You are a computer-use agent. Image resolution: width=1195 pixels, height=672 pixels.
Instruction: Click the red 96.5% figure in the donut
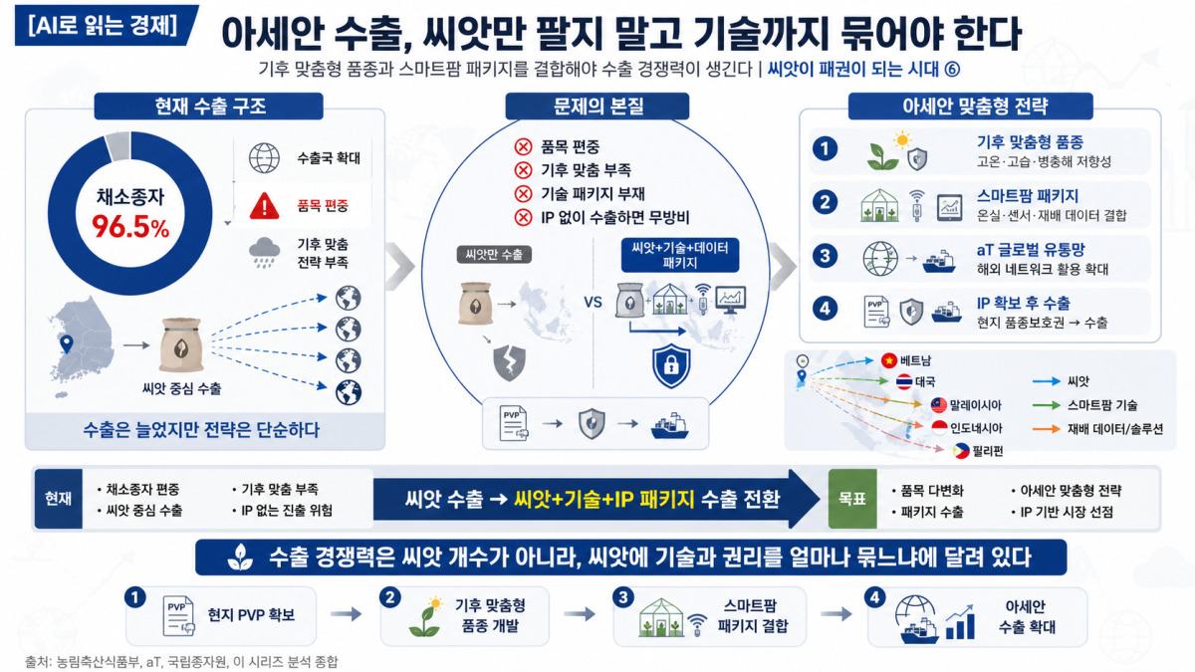(x=130, y=227)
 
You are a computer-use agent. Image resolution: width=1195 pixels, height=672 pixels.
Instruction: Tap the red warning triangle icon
(x=264, y=206)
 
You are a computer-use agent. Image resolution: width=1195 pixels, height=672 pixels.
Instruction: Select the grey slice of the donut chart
(x=118, y=146)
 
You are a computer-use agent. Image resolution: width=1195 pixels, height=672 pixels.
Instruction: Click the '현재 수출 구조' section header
(x=208, y=107)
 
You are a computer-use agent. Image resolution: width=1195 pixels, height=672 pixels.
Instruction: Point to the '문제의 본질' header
(x=597, y=107)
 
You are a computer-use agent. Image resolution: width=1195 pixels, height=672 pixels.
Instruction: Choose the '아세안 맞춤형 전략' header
(x=970, y=107)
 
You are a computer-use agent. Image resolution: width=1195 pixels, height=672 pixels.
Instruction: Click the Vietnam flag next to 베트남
(x=888, y=360)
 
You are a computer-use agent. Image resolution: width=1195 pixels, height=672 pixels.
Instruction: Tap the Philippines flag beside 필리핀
(x=961, y=451)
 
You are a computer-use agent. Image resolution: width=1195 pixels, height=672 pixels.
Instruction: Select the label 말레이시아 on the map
(x=975, y=405)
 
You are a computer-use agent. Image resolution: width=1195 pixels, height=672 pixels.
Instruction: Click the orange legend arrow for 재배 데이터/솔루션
(x=1047, y=429)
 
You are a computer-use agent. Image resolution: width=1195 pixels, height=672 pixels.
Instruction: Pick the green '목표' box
(x=852, y=499)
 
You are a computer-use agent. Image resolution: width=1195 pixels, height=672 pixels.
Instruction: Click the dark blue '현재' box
(x=59, y=499)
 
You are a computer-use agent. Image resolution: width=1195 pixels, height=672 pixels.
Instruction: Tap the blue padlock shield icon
(x=671, y=366)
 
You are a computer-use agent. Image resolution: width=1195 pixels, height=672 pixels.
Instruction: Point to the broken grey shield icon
(x=510, y=362)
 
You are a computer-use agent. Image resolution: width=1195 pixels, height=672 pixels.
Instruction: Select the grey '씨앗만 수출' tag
(x=494, y=255)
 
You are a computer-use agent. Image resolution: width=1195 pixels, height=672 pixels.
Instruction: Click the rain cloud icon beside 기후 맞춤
(x=264, y=252)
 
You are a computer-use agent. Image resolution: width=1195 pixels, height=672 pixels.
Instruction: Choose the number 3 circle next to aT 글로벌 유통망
(x=825, y=256)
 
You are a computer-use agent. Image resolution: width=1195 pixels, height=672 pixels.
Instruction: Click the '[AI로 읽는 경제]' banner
(x=105, y=25)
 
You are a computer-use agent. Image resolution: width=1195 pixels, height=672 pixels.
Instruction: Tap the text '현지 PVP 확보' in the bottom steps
(x=251, y=615)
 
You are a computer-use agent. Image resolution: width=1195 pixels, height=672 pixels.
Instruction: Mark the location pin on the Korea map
(x=67, y=343)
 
